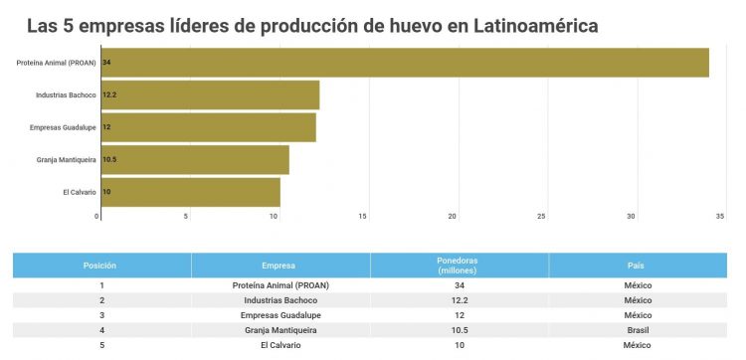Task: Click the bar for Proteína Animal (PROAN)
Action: pos(404,63)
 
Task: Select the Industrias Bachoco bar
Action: pos(210,95)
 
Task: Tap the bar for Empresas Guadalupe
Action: pos(208,127)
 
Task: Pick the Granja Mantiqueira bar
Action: pos(195,160)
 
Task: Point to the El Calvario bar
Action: pos(190,192)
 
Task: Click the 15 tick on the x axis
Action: pos(364,216)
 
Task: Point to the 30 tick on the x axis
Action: pos(631,216)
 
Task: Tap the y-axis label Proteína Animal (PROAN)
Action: pos(57,63)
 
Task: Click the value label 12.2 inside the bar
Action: pos(109,95)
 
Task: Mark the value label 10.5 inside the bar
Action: pos(109,160)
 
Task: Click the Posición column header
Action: pos(100,266)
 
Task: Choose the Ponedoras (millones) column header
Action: pos(459,266)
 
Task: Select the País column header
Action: pos(637,266)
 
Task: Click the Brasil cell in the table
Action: pos(637,329)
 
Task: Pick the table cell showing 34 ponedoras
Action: pos(459,285)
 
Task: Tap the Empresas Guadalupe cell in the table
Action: pos(280,314)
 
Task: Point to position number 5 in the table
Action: pos(100,344)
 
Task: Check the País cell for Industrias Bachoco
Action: pos(637,300)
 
